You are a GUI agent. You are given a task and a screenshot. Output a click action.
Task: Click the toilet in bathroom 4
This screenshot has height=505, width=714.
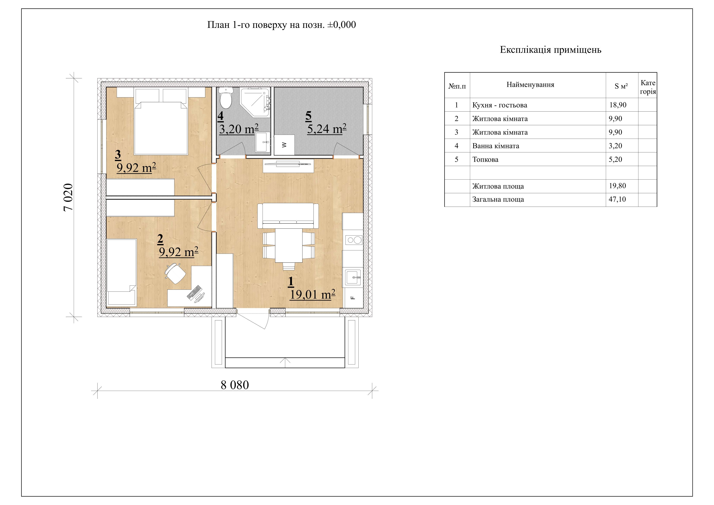point(226,97)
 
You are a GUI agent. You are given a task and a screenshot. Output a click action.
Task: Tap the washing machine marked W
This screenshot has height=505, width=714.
point(284,145)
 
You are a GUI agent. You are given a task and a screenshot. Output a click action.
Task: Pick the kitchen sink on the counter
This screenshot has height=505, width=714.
point(353,277)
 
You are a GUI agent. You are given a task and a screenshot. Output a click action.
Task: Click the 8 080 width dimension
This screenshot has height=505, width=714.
point(235,385)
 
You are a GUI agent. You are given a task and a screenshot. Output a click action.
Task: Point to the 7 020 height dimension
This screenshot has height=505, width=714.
point(68,198)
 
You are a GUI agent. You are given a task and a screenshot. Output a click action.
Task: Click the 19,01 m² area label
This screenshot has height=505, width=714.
point(313,294)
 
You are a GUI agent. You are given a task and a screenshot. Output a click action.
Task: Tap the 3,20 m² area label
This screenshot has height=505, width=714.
point(239,129)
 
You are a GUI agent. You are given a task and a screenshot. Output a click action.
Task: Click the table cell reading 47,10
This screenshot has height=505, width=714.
point(617,199)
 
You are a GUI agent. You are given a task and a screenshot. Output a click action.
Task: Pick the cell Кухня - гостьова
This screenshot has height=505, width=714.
point(500,105)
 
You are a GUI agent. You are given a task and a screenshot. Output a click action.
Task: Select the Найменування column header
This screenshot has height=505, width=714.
point(530,85)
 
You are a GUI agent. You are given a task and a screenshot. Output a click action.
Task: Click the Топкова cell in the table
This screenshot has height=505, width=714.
point(485,160)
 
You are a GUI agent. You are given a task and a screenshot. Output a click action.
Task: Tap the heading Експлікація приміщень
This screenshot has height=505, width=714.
point(550,50)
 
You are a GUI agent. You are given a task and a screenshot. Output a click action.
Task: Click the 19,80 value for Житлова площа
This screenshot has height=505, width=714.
point(617,186)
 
